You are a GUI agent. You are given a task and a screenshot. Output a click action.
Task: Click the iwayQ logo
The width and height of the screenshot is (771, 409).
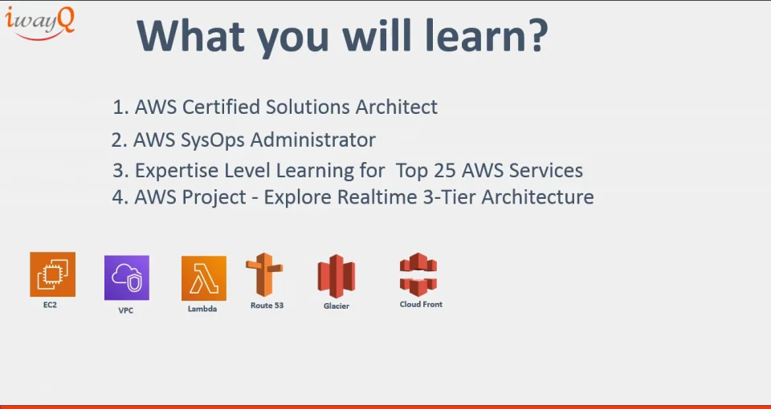pos(40,22)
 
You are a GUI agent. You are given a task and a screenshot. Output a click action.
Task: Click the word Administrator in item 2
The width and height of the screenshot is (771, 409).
pos(314,140)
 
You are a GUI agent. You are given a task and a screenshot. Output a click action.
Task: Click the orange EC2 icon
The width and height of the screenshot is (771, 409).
pos(52,274)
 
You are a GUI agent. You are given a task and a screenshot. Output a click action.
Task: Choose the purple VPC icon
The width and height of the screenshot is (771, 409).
pos(127,277)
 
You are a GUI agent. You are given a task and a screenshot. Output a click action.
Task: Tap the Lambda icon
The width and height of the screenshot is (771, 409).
pos(203,278)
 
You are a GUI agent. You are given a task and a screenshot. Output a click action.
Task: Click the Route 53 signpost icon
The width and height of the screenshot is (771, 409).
pos(264,275)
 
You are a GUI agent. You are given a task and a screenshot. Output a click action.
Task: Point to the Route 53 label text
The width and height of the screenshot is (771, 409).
pos(267,306)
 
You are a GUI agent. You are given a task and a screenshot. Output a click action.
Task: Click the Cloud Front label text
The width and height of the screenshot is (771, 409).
pos(421,305)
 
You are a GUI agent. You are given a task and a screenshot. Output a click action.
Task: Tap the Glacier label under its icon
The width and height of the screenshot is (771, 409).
pos(336,306)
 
